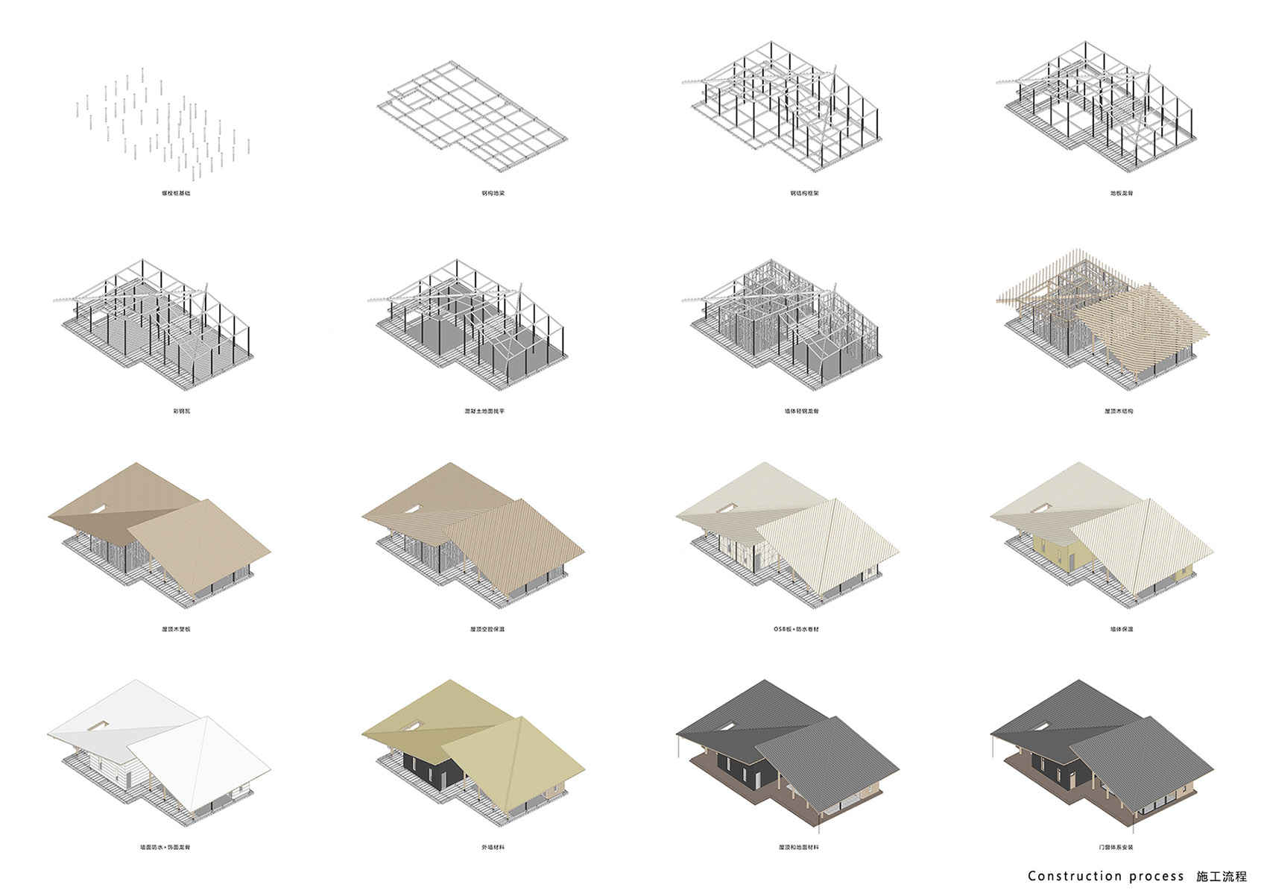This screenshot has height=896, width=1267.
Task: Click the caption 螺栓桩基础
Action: [176, 193]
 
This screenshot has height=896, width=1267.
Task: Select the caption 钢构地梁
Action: [493, 193]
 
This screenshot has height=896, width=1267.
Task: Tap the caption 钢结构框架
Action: [804, 193]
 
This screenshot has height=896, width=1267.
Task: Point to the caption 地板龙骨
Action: [1121, 193]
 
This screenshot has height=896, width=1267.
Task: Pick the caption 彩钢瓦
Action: [181, 411]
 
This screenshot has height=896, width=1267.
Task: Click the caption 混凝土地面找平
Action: [484, 411]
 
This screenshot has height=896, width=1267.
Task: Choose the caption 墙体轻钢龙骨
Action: [801, 411]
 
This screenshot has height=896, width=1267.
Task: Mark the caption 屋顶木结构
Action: [1119, 411]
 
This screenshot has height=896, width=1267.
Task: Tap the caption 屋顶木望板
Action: [176, 629]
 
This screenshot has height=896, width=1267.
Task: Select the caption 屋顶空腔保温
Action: [487, 629]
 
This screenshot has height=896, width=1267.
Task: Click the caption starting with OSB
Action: [796, 629]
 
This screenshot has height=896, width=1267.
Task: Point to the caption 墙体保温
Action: [1121, 629]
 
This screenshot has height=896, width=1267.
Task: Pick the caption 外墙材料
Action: [493, 847]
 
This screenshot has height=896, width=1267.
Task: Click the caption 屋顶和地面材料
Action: [798, 847]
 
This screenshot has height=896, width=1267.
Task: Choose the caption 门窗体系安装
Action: [1116, 847]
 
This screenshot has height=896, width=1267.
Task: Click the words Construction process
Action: [1105, 877]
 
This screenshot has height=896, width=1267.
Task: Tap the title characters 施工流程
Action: [1221, 877]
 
